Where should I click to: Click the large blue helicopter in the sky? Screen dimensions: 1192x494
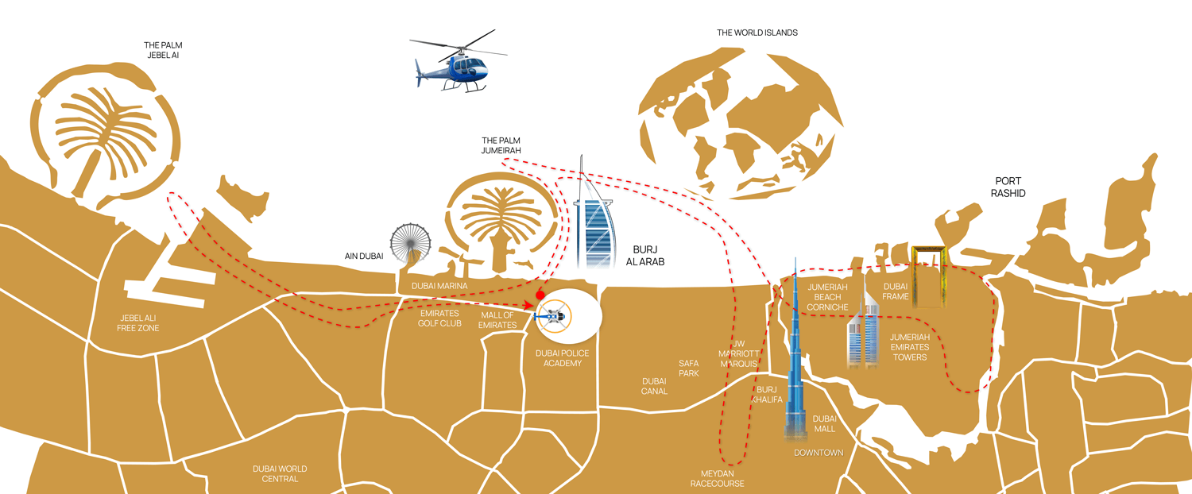[459, 64]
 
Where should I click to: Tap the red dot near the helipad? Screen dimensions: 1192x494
[540, 295]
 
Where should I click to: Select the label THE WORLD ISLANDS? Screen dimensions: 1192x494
[757, 33]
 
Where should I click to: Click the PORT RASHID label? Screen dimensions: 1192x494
[1008, 187]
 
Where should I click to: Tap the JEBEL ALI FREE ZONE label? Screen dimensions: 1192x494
[137, 323]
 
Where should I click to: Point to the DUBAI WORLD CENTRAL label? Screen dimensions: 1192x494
[280, 474]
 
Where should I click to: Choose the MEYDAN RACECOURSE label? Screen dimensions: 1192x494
[718, 479]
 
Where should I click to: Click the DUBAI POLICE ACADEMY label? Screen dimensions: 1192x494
[563, 358]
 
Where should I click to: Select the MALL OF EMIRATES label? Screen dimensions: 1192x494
[497, 320]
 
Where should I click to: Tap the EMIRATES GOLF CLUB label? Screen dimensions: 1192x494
[439, 318]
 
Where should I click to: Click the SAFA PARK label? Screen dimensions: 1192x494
[689, 369]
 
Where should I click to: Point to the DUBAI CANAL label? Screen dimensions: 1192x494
[654, 386]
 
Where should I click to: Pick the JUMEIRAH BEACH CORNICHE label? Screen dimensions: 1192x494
[827, 297]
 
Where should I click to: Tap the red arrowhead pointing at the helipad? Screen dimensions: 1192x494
[528, 305]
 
